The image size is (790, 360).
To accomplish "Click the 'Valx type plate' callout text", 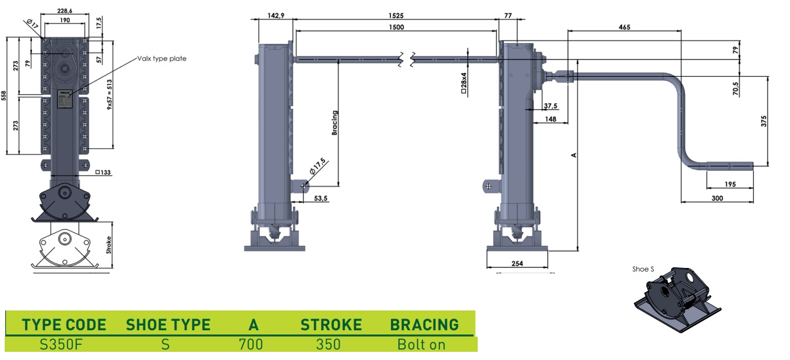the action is pyautogui.click(x=161, y=58).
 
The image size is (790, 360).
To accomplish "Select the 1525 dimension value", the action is pyautogui.click(x=396, y=16).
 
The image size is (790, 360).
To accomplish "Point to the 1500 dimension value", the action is pyautogui.click(x=396, y=27).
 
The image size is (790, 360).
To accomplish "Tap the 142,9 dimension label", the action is pyautogui.click(x=276, y=16).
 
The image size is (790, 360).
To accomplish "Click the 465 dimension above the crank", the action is pyautogui.click(x=624, y=27).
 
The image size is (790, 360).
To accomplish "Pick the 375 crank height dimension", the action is pyautogui.click(x=764, y=121).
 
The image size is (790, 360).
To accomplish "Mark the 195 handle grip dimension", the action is pyautogui.click(x=730, y=184).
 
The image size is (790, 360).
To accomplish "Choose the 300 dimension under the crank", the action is pyautogui.click(x=717, y=198).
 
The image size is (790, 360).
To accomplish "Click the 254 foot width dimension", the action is pyautogui.click(x=517, y=263).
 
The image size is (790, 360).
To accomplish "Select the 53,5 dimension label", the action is pyautogui.click(x=320, y=199).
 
